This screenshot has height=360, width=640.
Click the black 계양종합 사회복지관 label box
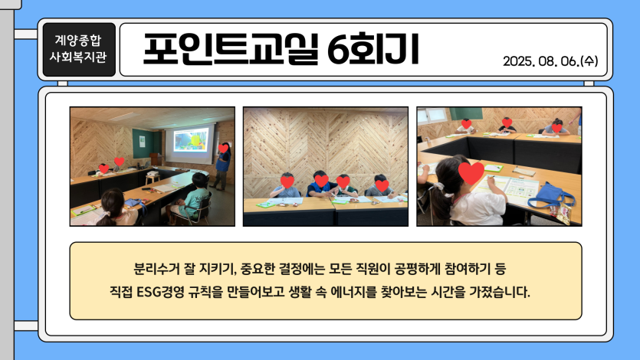click(x=79, y=49)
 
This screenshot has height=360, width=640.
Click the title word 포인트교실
click(x=231, y=49)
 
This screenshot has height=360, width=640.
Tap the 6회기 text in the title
click(x=373, y=49)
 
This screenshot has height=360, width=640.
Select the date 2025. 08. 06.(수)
click(x=550, y=61)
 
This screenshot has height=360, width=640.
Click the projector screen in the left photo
click(x=190, y=143)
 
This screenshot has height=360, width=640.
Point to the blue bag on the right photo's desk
click(x=550, y=196)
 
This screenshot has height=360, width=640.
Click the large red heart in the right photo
click(x=471, y=172)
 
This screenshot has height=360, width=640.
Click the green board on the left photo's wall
click(x=143, y=143)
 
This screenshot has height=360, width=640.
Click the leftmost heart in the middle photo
click(x=287, y=182)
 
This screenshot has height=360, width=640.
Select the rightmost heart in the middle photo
click(x=382, y=185)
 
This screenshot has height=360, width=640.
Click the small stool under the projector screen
click(x=153, y=178)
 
